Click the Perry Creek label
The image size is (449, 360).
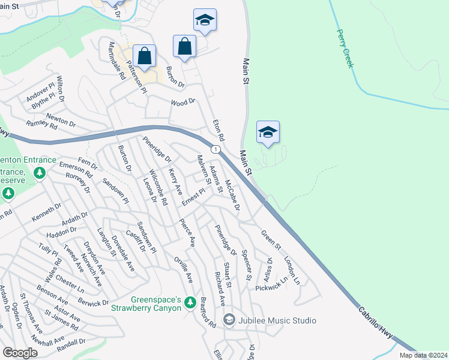(x=344, y=49)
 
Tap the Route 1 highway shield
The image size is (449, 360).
(x=215, y=149)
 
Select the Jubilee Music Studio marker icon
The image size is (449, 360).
(x=229, y=320)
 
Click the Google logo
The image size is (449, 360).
(x=20, y=353)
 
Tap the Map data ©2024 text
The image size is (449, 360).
(x=424, y=355)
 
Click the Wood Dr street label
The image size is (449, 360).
(x=184, y=102)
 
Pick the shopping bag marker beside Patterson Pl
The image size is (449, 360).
(x=145, y=56)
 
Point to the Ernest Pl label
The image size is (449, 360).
(x=194, y=196)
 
